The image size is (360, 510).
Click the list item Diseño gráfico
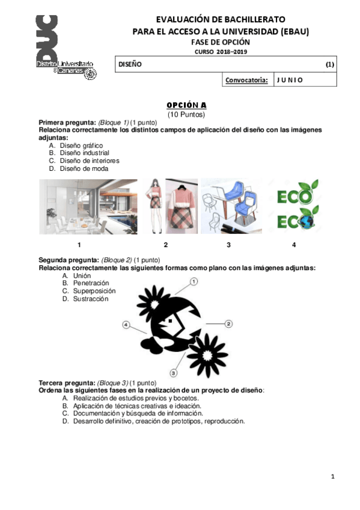pyautogui.click(x=81, y=146)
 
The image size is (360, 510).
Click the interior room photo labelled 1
pyautogui.click(x=79, y=206)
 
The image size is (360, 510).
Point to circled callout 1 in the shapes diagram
pyautogui.click(x=194, y=281)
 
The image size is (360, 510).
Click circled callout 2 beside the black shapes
pyautogui.click(x=228, y=324)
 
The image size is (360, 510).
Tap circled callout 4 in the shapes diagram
pyautogui.click(x=126, y=325)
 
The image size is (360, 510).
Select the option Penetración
pyautogui.click(x=91, y=283)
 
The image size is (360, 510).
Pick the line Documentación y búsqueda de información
pyautogui.click(x=138, y=413)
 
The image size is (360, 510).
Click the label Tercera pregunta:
pyautogui.click(x=67, y=383)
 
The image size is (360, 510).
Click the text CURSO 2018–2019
pyautogui.click(x=220, y=52)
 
